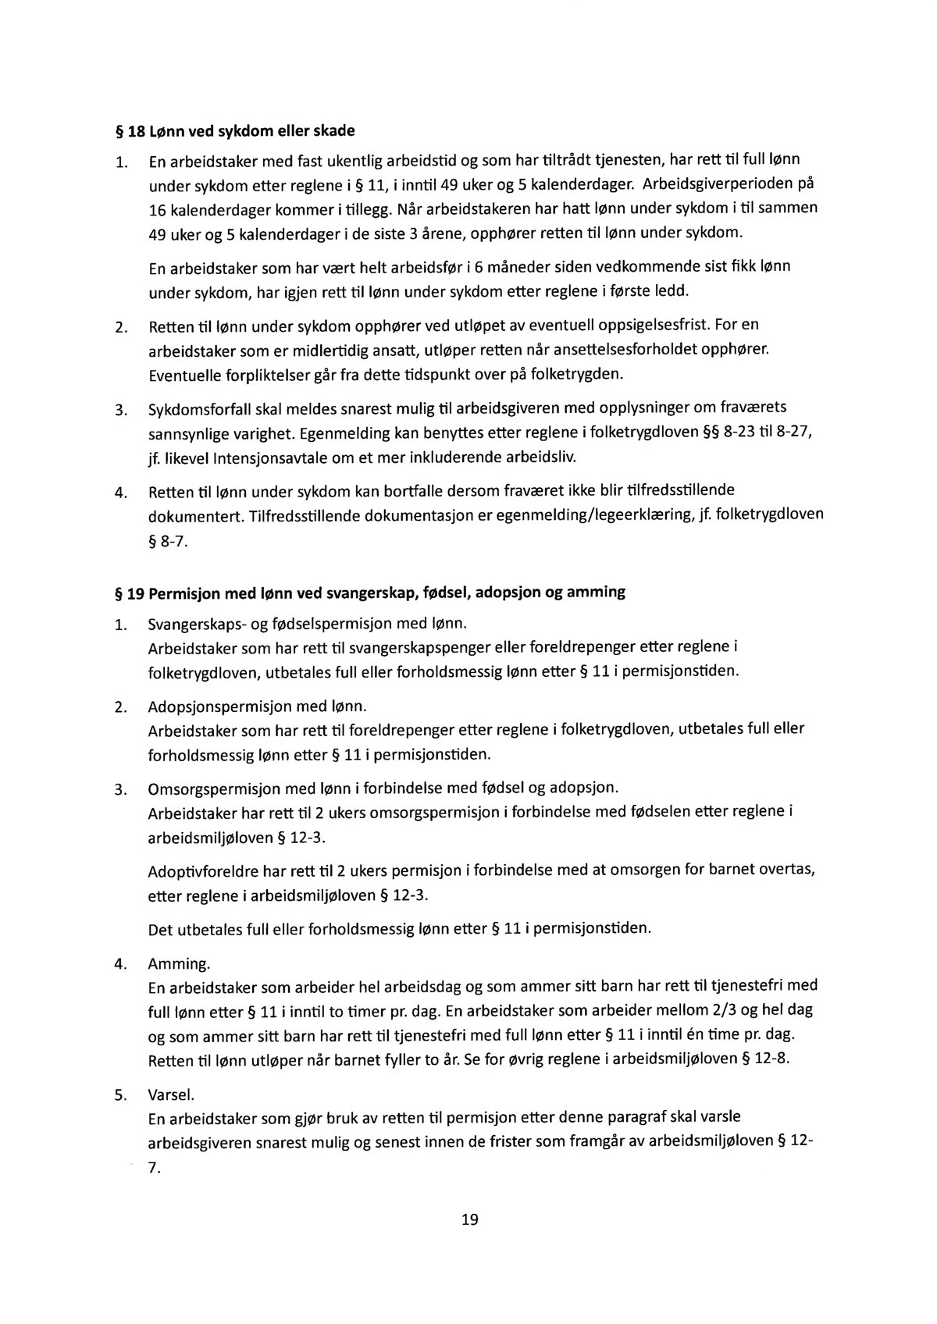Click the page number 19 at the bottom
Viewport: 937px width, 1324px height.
coord(469,1219)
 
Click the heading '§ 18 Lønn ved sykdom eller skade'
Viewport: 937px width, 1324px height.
coord(234,129)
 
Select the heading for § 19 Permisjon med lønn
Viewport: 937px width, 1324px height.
coord(369,592)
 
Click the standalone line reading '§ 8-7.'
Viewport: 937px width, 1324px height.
coord(168,540)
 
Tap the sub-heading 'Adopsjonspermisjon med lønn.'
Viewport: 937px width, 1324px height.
coord(258,706)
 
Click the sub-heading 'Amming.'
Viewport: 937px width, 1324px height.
coord(179,963)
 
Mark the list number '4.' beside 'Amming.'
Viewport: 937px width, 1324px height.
coord(120,963)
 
